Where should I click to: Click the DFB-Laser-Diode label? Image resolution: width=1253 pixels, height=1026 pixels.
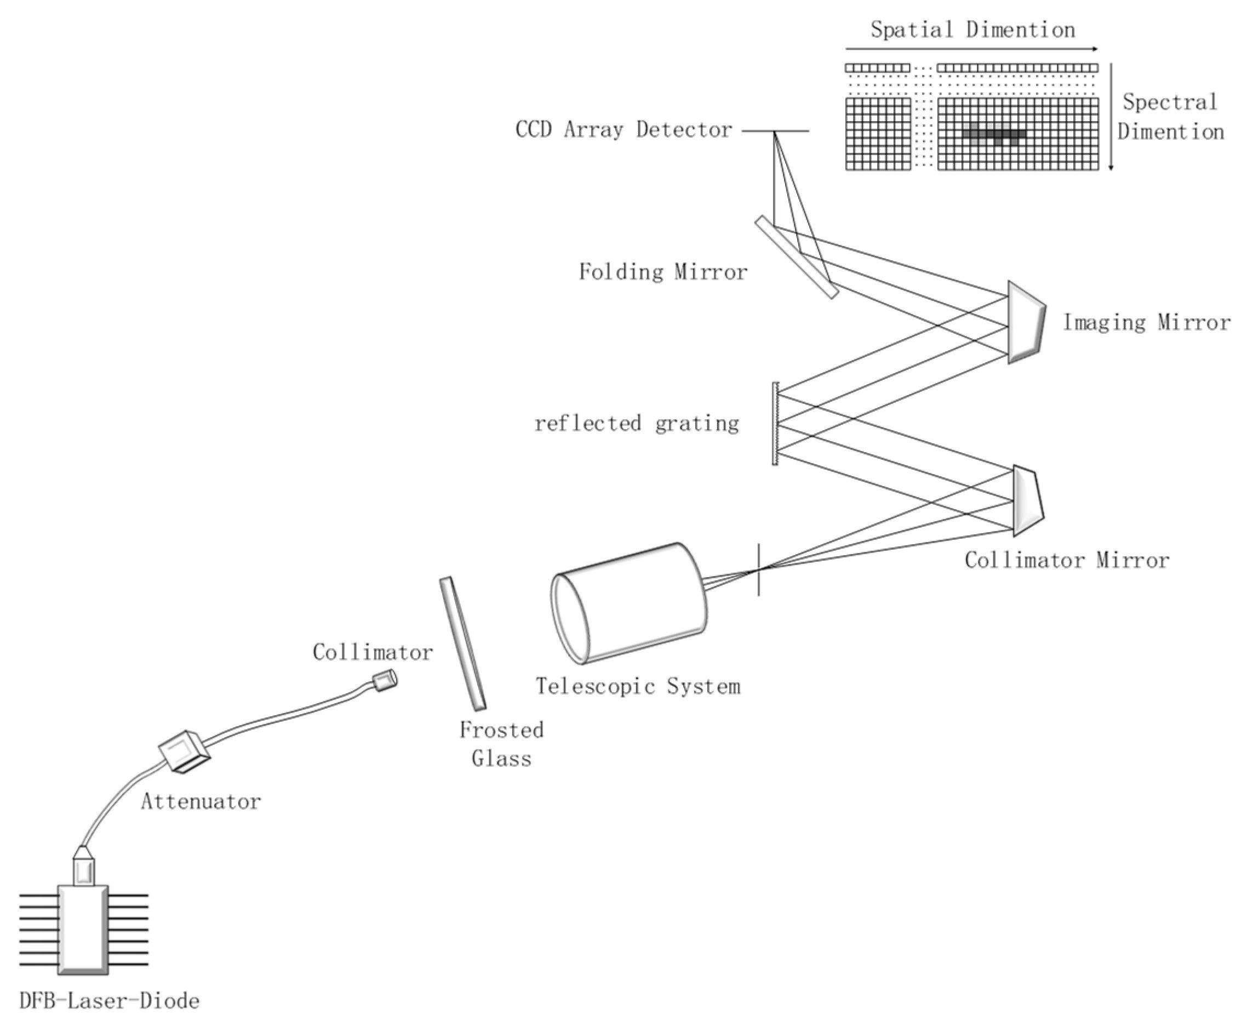(109, 1001)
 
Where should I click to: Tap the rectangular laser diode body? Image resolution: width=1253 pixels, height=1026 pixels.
(83, 928)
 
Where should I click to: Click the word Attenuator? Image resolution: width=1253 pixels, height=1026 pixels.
(201, 801)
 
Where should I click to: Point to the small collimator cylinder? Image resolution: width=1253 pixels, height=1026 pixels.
(384, 681)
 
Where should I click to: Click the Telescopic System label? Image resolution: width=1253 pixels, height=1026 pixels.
(638, 686)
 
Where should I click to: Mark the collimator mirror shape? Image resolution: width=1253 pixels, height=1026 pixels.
(1027, 501)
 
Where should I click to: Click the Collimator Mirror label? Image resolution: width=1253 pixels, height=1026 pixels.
(1067, 560)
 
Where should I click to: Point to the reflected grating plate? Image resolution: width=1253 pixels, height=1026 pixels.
(775, 424)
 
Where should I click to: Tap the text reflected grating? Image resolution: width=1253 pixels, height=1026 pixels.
(637, 424)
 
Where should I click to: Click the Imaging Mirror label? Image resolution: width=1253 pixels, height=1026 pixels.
(1147, 323)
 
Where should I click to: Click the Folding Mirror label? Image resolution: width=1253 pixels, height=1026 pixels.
(663, 272)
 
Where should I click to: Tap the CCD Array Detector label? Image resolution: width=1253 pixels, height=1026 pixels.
(624, 129)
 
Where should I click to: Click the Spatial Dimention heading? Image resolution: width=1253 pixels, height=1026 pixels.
(972, 30)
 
